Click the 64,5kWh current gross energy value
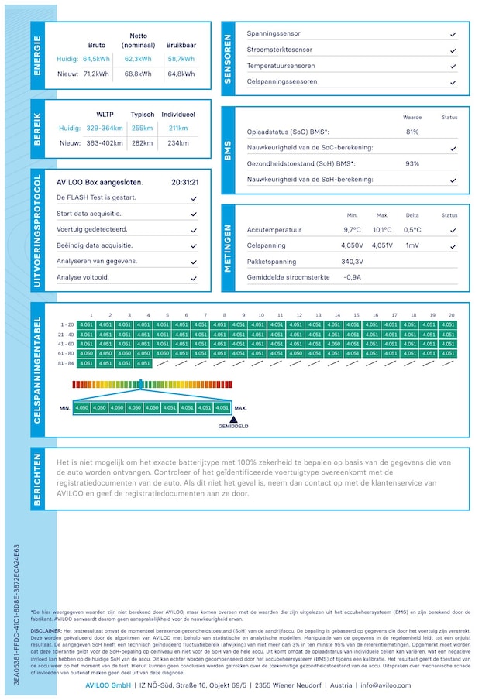click(x=97, y=59)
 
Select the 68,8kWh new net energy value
click(x=138, y=74)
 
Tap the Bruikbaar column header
click(x=181, y=45)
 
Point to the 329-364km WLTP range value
click(x=105, y=129)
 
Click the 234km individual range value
click(x=178, y=143)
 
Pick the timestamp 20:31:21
click(x=185, y=183)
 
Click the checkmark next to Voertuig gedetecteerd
click(x=194, y=230)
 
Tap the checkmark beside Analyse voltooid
click(x=194, y=277)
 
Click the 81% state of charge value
click(x=412, y=132)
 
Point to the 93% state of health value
click(x=412, y=163)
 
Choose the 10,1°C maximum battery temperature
click(x=382, y=230)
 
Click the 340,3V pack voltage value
click(x=353, y=262)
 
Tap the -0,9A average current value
click(x=353, y=277)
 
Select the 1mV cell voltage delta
click(x=412, y=245)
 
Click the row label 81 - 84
click(x=67, y=363)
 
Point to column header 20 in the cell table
click(x=451, y=315)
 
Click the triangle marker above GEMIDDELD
click(x=232, y=419)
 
